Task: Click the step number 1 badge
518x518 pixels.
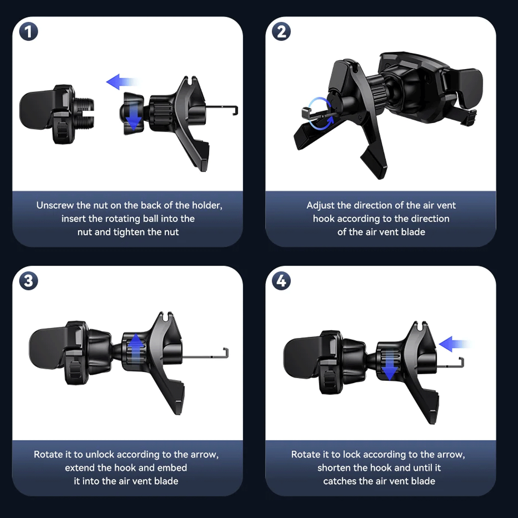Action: [29, 31]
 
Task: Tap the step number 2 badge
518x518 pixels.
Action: [281, 31]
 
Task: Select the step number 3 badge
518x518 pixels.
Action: [29, 281]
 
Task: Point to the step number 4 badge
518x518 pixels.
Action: [281, 281]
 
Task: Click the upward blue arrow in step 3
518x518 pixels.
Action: [136, 349]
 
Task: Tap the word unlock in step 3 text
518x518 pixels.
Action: [100, 455]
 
